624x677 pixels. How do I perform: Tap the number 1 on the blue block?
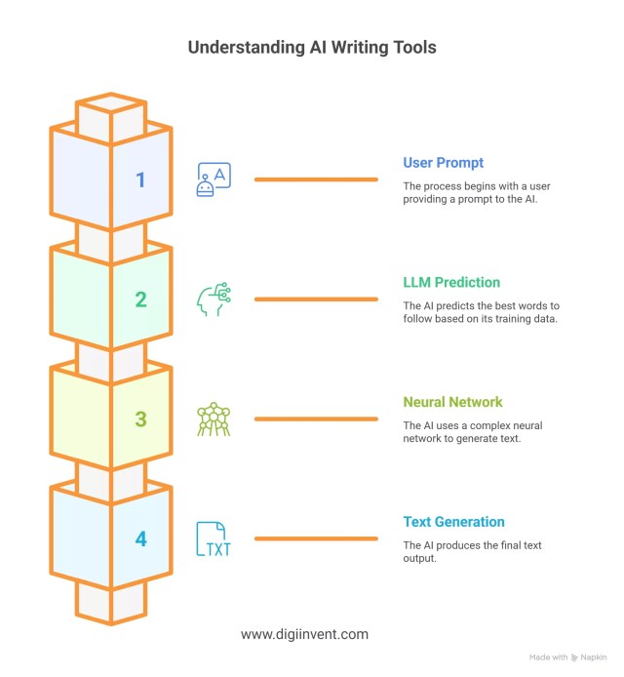[x=140, y=179]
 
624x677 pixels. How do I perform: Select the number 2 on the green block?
[x=140, y=299]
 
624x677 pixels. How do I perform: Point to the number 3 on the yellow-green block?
[x=140, y=419]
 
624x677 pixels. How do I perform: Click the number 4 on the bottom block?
[x=140, y=538]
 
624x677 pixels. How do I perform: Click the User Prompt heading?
[x=443, y=162]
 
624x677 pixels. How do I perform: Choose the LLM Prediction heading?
[x=451, y=282]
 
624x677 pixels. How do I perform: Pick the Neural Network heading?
[x=453, y=402]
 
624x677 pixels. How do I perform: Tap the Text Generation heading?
[x=454, y=522]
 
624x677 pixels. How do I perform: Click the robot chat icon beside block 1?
[x=213, y=180]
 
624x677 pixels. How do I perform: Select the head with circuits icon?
[x=213, y=299]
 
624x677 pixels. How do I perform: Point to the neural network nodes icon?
[x=213, y=419]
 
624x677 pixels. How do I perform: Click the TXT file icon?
[x=213, y=538]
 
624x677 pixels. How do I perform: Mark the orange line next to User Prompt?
[x=316, y=179]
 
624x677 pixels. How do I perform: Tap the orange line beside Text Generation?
[x=316, y=538]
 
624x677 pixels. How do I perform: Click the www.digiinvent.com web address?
[x=304, y=634]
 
